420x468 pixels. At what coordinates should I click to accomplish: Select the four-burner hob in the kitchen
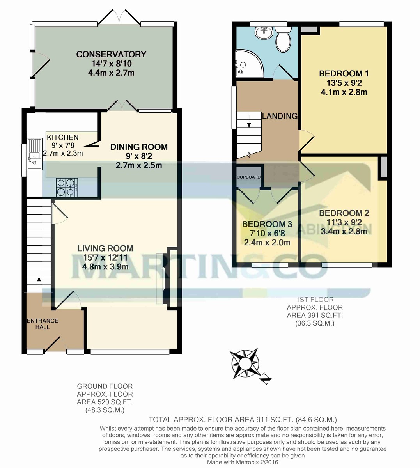point(66,186)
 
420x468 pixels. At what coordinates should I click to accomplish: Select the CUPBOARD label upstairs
point(248,177)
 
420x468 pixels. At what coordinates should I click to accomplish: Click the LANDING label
point(280,116)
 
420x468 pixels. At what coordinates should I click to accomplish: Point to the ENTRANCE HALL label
point(42,324)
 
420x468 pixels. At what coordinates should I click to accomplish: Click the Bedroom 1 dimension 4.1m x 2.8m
point(344,92)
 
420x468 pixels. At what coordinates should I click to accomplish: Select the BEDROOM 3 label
point(267,224)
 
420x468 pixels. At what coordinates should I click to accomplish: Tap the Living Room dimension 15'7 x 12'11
point(105,258)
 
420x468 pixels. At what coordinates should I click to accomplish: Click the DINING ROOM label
point(139,147)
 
